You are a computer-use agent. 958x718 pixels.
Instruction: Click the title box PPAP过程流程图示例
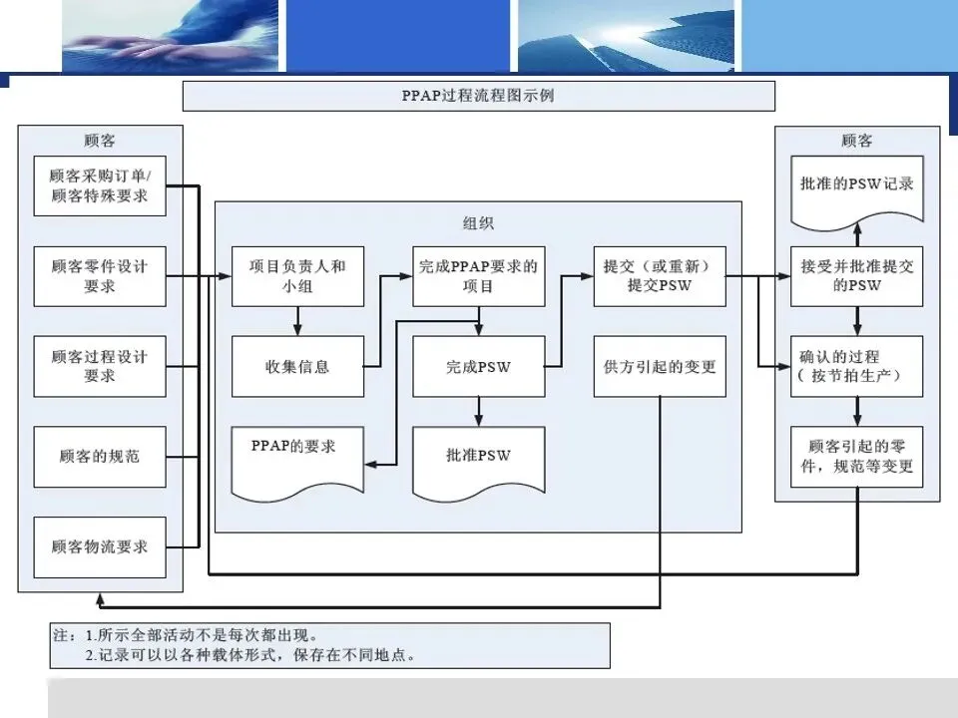(479, 96)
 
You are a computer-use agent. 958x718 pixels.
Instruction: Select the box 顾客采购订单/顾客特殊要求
(99, 185)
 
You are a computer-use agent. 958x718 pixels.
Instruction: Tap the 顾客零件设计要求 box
(99, 276)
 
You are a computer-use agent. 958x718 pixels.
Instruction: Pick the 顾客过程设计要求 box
(99, 366)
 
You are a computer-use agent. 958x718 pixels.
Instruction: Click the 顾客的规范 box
(99, 457)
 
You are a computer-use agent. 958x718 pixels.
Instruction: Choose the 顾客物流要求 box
(99, 546)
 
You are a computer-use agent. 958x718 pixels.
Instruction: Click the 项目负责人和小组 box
(297, 276)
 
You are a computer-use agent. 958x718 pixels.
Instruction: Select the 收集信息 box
(297, 366)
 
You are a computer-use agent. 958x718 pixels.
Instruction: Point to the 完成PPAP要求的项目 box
(479, 276)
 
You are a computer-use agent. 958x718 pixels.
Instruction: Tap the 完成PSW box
(479, 366)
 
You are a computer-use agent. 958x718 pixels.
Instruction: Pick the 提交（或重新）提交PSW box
(659, 276)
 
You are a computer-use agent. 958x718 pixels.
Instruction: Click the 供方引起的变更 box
(659, 366)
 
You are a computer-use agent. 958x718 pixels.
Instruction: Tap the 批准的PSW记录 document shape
(857, 187)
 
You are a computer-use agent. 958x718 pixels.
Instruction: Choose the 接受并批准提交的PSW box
(857, 276)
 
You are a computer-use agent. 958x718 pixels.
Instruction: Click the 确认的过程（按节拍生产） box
(857, 366)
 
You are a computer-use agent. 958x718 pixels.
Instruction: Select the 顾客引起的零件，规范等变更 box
(857, 457)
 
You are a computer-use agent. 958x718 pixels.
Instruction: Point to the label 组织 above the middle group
(478, 223)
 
